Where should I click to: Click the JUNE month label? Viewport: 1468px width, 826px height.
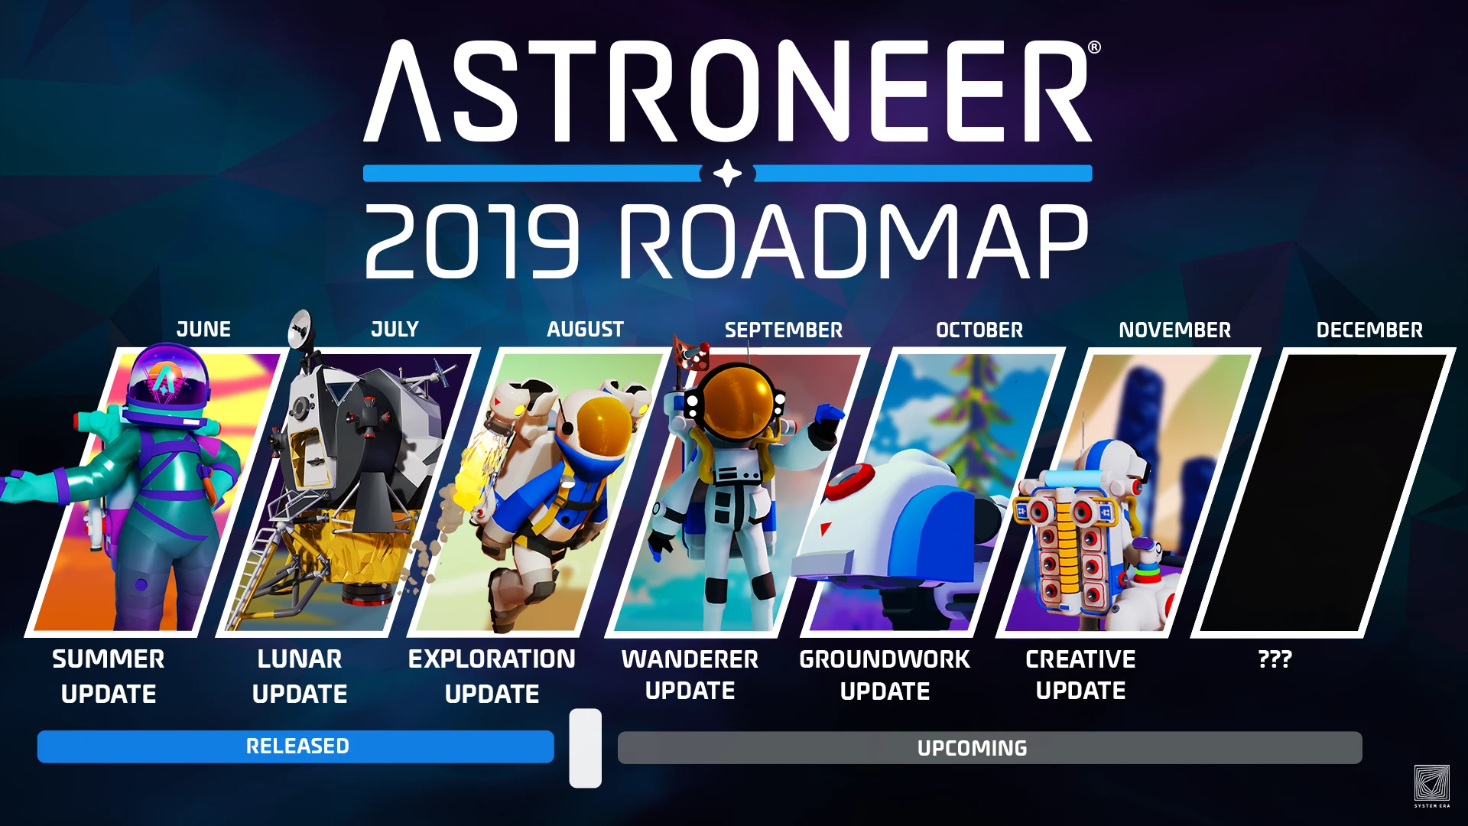[x=203, y=330]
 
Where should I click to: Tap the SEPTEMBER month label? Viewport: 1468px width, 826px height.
[x=783, y=330]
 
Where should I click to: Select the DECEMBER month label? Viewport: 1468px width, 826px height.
[x=1369, y=330]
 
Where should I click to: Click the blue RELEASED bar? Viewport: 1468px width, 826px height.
[x=296, y=746]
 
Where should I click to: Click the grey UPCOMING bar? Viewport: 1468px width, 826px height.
[x=989, y=748]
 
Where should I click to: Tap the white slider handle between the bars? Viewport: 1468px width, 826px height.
[x=585, y=748]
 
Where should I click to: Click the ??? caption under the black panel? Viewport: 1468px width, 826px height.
[x=1275, y=659]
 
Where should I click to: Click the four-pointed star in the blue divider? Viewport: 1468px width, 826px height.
[x=727, y=174]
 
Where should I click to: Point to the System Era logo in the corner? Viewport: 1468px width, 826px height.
[x=1431, y=784]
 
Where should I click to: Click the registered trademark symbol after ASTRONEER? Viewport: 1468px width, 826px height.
[x=1094, y=47]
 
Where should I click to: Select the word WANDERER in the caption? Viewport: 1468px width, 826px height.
[x=690, y=659]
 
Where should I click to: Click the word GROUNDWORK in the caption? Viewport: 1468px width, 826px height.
[x=885, y=659]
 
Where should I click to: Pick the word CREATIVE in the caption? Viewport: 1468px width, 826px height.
[x=1080, y=659]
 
